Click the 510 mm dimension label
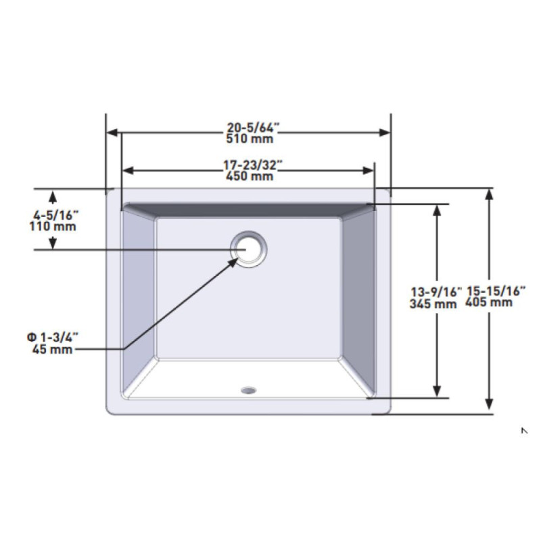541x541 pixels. click(250, 139)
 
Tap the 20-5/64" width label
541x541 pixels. click(252, 128)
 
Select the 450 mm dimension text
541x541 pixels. click(250, 177)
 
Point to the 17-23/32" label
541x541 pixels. click(252, 165)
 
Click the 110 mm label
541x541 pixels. click(53, 227)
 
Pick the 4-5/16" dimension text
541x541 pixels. click(56, 215)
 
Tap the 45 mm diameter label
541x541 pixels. click(53, 349)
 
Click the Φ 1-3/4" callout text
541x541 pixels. click(53, 337)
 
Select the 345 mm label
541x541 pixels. click(433, 304)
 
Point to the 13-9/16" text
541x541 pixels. click(436, 292)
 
